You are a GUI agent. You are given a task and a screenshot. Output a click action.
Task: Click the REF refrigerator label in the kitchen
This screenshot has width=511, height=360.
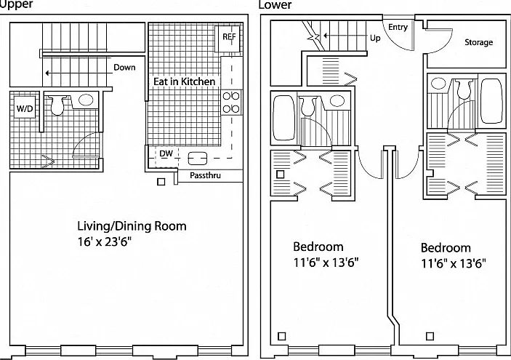point(229,36)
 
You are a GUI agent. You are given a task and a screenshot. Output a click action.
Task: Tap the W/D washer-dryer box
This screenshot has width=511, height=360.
point(25,108)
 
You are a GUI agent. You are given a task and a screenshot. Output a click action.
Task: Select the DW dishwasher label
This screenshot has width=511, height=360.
point(166,153)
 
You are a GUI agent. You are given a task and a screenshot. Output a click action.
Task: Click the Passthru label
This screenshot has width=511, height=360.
point(205,175)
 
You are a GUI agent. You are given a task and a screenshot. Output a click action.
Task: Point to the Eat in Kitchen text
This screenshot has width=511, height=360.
point(184,81)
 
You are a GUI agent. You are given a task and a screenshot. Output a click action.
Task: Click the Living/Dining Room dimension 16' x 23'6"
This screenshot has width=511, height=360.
point(105,242)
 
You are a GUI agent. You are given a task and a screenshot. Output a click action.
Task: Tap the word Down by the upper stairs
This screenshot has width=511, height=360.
point(124,67)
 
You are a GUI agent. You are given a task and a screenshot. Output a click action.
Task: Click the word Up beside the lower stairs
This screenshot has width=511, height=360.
point(375,38)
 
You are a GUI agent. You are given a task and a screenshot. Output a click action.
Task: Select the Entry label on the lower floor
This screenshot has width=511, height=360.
point(398,27)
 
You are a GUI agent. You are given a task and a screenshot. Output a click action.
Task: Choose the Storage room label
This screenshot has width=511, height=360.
point(478,42)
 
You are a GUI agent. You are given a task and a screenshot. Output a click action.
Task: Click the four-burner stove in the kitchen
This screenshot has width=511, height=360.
point(231,103)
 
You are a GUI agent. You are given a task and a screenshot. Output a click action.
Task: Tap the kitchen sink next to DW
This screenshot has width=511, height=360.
point(198,159)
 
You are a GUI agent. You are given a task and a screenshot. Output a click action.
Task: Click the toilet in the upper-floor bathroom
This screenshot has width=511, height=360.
point(57,105)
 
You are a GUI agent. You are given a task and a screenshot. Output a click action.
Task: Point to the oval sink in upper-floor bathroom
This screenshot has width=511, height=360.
point(86,100)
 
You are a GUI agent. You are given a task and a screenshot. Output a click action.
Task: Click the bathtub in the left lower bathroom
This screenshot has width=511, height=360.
point(283,118)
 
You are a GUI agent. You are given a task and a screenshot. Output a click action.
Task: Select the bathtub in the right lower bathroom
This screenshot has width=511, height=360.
point(492,101)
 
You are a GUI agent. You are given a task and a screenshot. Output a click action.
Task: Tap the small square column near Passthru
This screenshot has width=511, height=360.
point(161,182)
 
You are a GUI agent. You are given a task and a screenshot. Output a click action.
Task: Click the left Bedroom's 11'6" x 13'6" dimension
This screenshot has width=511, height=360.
point(326,262)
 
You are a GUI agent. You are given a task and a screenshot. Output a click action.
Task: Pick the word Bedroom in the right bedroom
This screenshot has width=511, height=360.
point(446,248)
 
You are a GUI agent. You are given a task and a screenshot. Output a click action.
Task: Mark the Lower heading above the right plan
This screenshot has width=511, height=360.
point(275,4)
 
